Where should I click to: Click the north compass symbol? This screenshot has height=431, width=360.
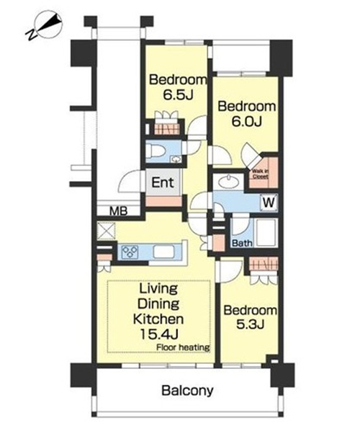click(x=45, y=25)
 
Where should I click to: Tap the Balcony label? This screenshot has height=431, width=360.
click(x=187, y=391)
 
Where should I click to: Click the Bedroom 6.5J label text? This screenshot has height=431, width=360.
click(x=178, y=87)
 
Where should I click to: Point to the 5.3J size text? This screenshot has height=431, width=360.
click(x=250, y=324)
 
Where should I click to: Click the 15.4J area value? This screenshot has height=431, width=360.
click(x=159, y=334)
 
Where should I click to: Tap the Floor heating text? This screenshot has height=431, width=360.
click(x=183, y=347)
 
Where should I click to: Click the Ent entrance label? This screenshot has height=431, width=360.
click(x=163, y=183)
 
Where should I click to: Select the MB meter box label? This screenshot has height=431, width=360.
click(x=118, y=211)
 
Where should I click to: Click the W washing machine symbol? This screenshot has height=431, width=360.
click(x=269, y=203)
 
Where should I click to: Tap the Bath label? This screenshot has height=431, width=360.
click(x=242, y=244)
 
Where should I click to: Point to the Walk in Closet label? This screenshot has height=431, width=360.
click(x=260, y=174)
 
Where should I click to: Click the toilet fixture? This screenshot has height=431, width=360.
click(x=155, y=151)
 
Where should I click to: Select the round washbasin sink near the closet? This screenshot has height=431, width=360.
click(x=228, y=182)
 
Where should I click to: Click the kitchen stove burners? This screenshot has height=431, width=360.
click(x=130, y=252)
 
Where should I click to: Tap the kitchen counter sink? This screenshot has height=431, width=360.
click(x=163, y=252)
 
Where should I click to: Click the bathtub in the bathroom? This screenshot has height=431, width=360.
click(x=265, y=233)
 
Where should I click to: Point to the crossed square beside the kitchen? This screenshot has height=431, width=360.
click(x=106, y=231)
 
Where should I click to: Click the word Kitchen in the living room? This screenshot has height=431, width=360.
click(x=158, y=319)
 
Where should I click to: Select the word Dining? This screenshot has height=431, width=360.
click(x=158, y=304)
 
